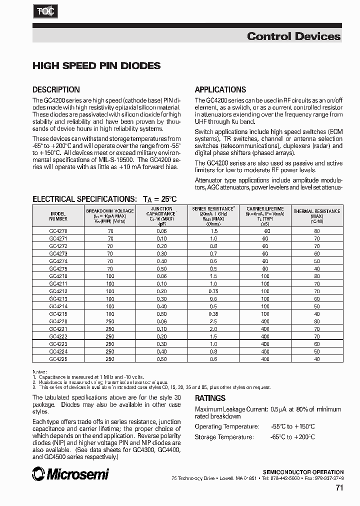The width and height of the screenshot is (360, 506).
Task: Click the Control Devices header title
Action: [x=293, y=36]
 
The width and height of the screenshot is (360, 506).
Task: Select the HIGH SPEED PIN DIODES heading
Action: [x=96, y=65]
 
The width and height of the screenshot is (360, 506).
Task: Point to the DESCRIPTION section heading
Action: [x=56, y=90]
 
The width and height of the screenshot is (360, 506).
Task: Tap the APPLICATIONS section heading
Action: [x=220, y=90]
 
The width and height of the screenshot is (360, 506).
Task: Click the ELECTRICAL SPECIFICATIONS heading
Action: [x=104, y=198]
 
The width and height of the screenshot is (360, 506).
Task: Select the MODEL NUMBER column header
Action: [x=58, y=215]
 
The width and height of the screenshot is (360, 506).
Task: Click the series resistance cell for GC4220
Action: [x=213, y=321]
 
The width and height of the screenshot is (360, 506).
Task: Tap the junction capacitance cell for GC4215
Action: [x=161, y=314]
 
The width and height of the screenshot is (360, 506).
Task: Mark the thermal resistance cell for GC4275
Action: [x=316, y=269]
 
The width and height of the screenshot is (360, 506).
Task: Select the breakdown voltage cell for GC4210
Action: [x=110, y=276]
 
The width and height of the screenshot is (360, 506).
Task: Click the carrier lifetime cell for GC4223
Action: [x=265, y=344]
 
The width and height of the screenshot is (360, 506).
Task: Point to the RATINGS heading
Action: [x=210, y=398]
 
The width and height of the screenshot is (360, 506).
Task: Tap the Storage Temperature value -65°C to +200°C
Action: [x=293, y=437]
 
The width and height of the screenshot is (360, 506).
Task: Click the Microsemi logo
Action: [x=70, y=473]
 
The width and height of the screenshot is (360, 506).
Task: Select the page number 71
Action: [x=338, y=488]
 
